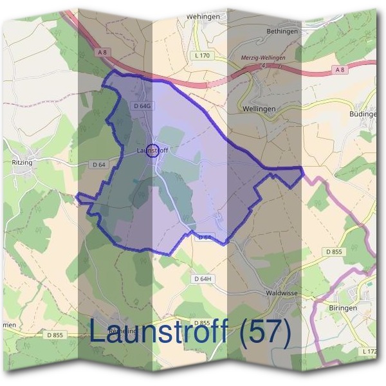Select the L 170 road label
[x=201, y=56]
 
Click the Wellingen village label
[x=259, y=109]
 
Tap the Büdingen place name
[x=362, y=114]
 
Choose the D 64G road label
[x=141, y=105]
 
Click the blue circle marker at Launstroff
[x=152, y=151]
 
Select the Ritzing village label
[x=22, y=163]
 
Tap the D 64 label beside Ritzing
[x=98, y=165]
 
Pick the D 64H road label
[x=203, y=279]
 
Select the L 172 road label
[x=370, y=351]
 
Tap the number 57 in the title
[x=265, y=333]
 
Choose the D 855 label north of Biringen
[x=335, y=252]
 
